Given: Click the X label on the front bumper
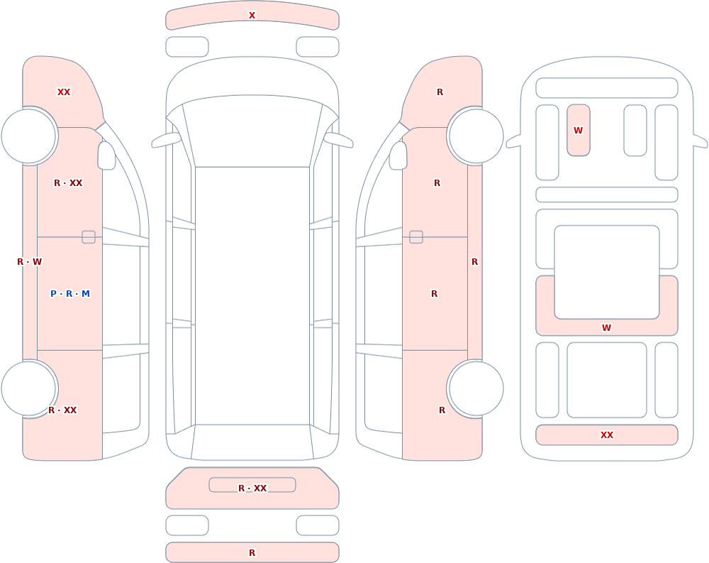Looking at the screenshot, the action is point(252,16).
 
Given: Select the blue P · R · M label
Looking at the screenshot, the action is point(69,293).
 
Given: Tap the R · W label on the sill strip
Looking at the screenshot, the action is point(29,262).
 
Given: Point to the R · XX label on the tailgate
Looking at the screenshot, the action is point(252,488).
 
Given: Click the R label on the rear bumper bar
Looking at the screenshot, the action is point(252,552).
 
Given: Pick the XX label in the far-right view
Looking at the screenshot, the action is point(606,434).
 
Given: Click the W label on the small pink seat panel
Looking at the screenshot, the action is point(578,131).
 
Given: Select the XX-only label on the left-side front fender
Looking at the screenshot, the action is point(64,92).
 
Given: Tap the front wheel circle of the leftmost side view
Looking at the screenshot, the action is point(28,136).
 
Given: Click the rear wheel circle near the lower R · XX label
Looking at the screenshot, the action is point(28,388).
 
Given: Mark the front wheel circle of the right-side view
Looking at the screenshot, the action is point(476,136).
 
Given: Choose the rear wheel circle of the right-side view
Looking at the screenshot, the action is point(476,388).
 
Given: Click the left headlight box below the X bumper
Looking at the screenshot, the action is point(187,47).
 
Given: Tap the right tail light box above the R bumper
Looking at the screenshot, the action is point(318,525).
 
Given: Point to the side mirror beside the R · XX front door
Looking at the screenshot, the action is point(106,155).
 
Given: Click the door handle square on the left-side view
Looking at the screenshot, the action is point(89,237).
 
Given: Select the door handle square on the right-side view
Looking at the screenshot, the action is point(416,237).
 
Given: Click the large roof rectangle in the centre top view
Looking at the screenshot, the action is point(252,296).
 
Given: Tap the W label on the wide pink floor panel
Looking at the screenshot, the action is point(606,327).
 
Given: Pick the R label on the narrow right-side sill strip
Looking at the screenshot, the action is point(474,262).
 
